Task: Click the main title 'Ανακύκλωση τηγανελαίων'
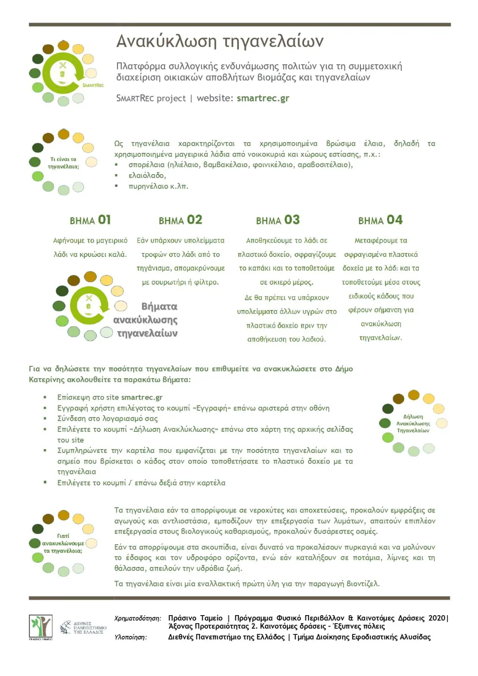(x=220, y=41)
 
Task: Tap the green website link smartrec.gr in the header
(x=263, y=98)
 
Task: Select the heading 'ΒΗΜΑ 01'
(x=90, y=220)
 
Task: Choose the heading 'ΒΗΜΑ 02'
(x=180, y=220)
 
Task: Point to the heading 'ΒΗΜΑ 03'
(x=278, y=220)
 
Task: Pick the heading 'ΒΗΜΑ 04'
(x=380, y=220)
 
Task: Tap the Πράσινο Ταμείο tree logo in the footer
(x=41, y=626)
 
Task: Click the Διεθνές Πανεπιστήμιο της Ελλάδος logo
(x=83, y=627)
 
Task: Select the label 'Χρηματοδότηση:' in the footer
(x=138, y=619)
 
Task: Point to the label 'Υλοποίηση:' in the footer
(x=131, y=637)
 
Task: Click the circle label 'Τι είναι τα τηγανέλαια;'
(x=63, y=163)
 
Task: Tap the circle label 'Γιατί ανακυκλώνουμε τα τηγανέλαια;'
(x=63, y=543)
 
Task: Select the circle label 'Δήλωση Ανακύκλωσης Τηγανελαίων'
(x=413, y=424)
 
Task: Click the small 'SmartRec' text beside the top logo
(x=93, y=85)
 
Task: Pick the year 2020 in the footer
(x=437, y=618)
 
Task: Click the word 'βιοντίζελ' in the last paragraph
(x=362, y=584)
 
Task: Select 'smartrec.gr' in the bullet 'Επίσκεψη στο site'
(x=142, y=398)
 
